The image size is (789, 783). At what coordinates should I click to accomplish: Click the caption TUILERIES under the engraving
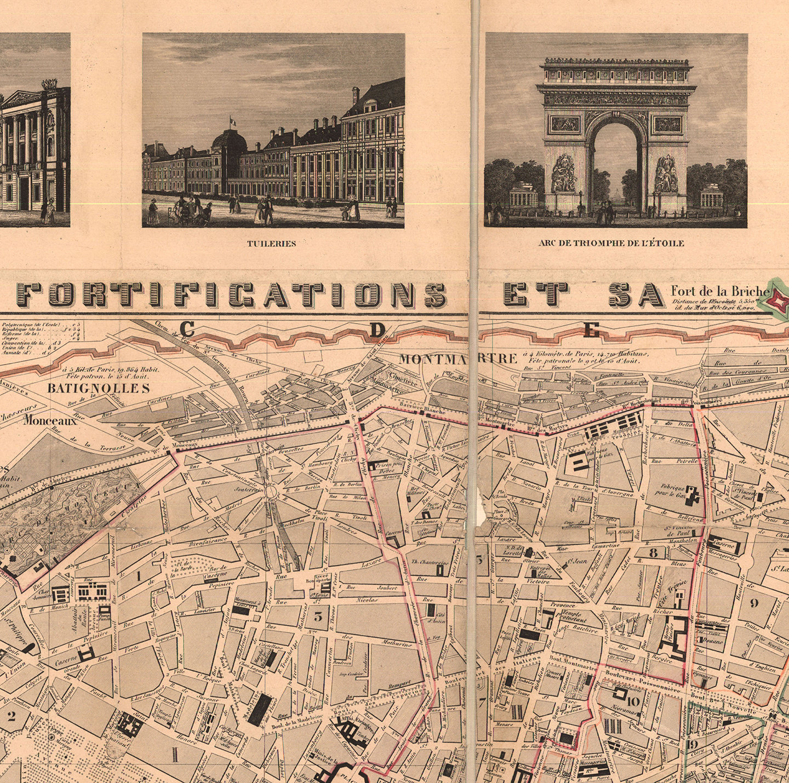271,244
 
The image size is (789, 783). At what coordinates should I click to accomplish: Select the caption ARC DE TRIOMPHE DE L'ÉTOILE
611,243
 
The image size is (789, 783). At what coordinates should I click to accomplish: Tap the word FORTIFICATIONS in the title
231,295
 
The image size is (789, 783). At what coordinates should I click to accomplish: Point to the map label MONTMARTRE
458,359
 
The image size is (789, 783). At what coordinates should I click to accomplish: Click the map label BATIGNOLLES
99,389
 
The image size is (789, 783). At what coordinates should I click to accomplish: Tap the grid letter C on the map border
187,329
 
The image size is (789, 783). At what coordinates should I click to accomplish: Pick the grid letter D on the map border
377,330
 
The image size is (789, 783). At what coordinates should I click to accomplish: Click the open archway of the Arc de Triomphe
616,164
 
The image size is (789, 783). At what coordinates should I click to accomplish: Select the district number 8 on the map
653,553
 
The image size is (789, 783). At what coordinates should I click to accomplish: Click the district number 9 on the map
754,603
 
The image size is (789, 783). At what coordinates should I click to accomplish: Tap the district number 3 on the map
318,616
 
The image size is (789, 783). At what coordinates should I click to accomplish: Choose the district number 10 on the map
634,701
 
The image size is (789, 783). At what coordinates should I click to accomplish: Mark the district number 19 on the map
692,744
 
